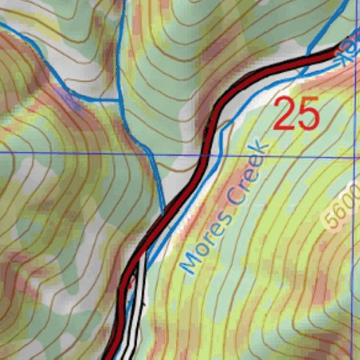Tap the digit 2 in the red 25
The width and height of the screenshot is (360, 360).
(284, 113)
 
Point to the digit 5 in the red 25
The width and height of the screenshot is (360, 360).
(309, 113)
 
